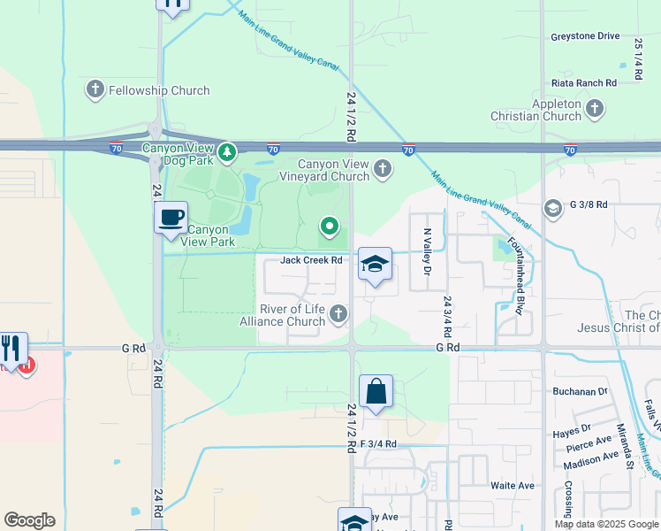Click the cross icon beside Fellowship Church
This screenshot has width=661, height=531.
[x=95, y=89]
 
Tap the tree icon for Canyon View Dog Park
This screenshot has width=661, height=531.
[x=227, y=152]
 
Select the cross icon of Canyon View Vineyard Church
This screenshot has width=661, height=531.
[x=382, y=168]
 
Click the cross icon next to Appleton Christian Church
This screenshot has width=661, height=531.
[x=594, y=108]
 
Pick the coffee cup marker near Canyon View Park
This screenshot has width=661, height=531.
[x=171, y=217]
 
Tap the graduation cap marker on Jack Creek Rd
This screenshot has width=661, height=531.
[x=375, y=264]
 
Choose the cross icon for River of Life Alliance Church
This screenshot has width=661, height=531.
[x=338, y=313]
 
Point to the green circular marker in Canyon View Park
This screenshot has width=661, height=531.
[x=330, y=227]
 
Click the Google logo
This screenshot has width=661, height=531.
[x=29, y=520]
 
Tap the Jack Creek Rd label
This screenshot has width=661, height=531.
[x=311, y=260]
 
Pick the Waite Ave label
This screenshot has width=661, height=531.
[x=513, y=486]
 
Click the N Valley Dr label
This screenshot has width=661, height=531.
[x=427, y=251]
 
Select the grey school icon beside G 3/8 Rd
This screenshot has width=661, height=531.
[x=553, y=209]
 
